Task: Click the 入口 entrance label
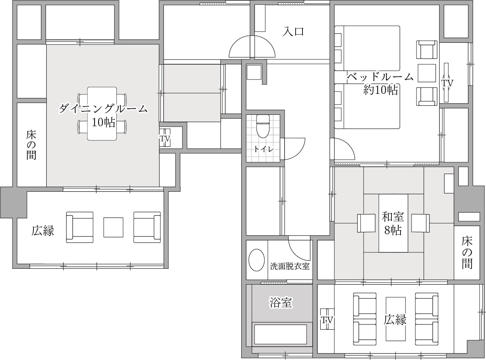point(293,31)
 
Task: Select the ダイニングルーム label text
point(103,109)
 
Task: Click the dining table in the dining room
point(102,113)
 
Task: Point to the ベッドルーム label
point(380,77)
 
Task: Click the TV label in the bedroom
point(447,82)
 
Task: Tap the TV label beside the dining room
point(165,139)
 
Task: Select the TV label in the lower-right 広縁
point(326,320)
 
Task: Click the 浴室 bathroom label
point(280,303)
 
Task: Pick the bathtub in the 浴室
point(280,335)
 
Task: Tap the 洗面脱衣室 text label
point(290,266)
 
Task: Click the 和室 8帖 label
point(393,224)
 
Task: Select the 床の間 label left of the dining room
point(31,145)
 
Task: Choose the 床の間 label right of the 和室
point(467,252)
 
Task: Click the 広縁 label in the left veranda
point(43,230)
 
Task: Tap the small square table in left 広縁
point(113,227)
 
